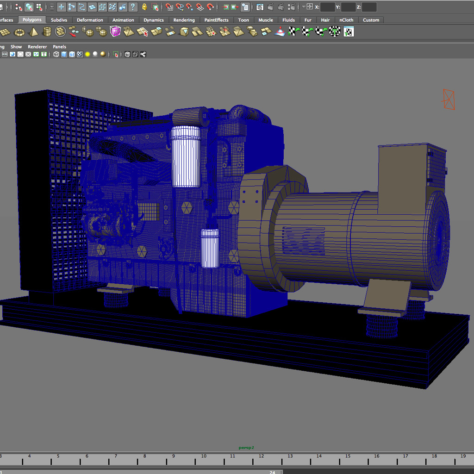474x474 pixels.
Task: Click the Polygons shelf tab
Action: (x=32, y=20)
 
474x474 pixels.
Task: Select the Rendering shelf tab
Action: (x=184, y=20)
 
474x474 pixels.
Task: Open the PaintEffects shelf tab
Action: (x=216, y=20)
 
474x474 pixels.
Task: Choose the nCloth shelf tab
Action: (x=346, y=20)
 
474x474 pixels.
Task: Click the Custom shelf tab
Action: (x=371, y=20)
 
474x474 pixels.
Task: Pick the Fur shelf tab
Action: (x=308, y=20)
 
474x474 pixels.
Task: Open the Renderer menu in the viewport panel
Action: (x=37, y=47)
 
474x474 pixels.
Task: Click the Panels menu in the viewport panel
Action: (x=59, y=47)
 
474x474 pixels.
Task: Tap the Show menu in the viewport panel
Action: (x=16, y=47)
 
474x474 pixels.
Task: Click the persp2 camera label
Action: (x=246, y=448)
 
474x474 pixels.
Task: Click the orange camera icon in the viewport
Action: (x=449, y=99)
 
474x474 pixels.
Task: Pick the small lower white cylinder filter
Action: (x=210, y=248)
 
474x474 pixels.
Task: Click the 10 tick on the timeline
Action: (x=203, y=457)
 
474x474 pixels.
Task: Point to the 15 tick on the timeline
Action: (x=348, y=457)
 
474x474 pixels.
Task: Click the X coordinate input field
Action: (x=327, y=7)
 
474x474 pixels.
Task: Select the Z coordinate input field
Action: (x=369, y=7)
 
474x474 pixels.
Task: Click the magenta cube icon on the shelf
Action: (x=115, y=31)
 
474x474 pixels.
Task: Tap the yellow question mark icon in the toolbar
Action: (x=133, y=7)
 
